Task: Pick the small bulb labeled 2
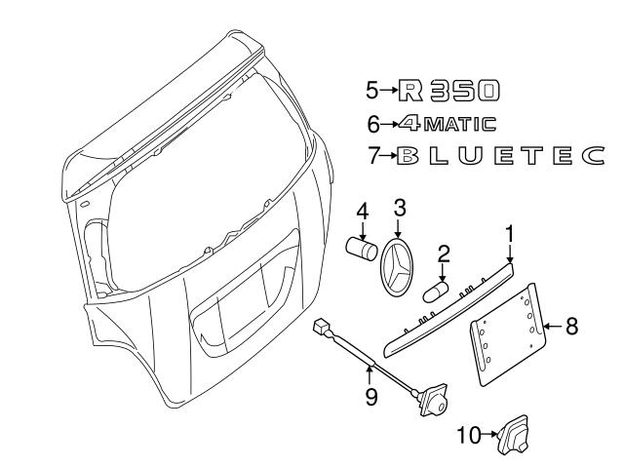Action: [x=435, y=290]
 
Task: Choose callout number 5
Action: [x=371, y=92]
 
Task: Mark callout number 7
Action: [x=371, y=155]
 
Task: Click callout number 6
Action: [x=371, y=124]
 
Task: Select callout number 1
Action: [x=508, y=235]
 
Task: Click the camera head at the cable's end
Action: [x=432, y=400]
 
